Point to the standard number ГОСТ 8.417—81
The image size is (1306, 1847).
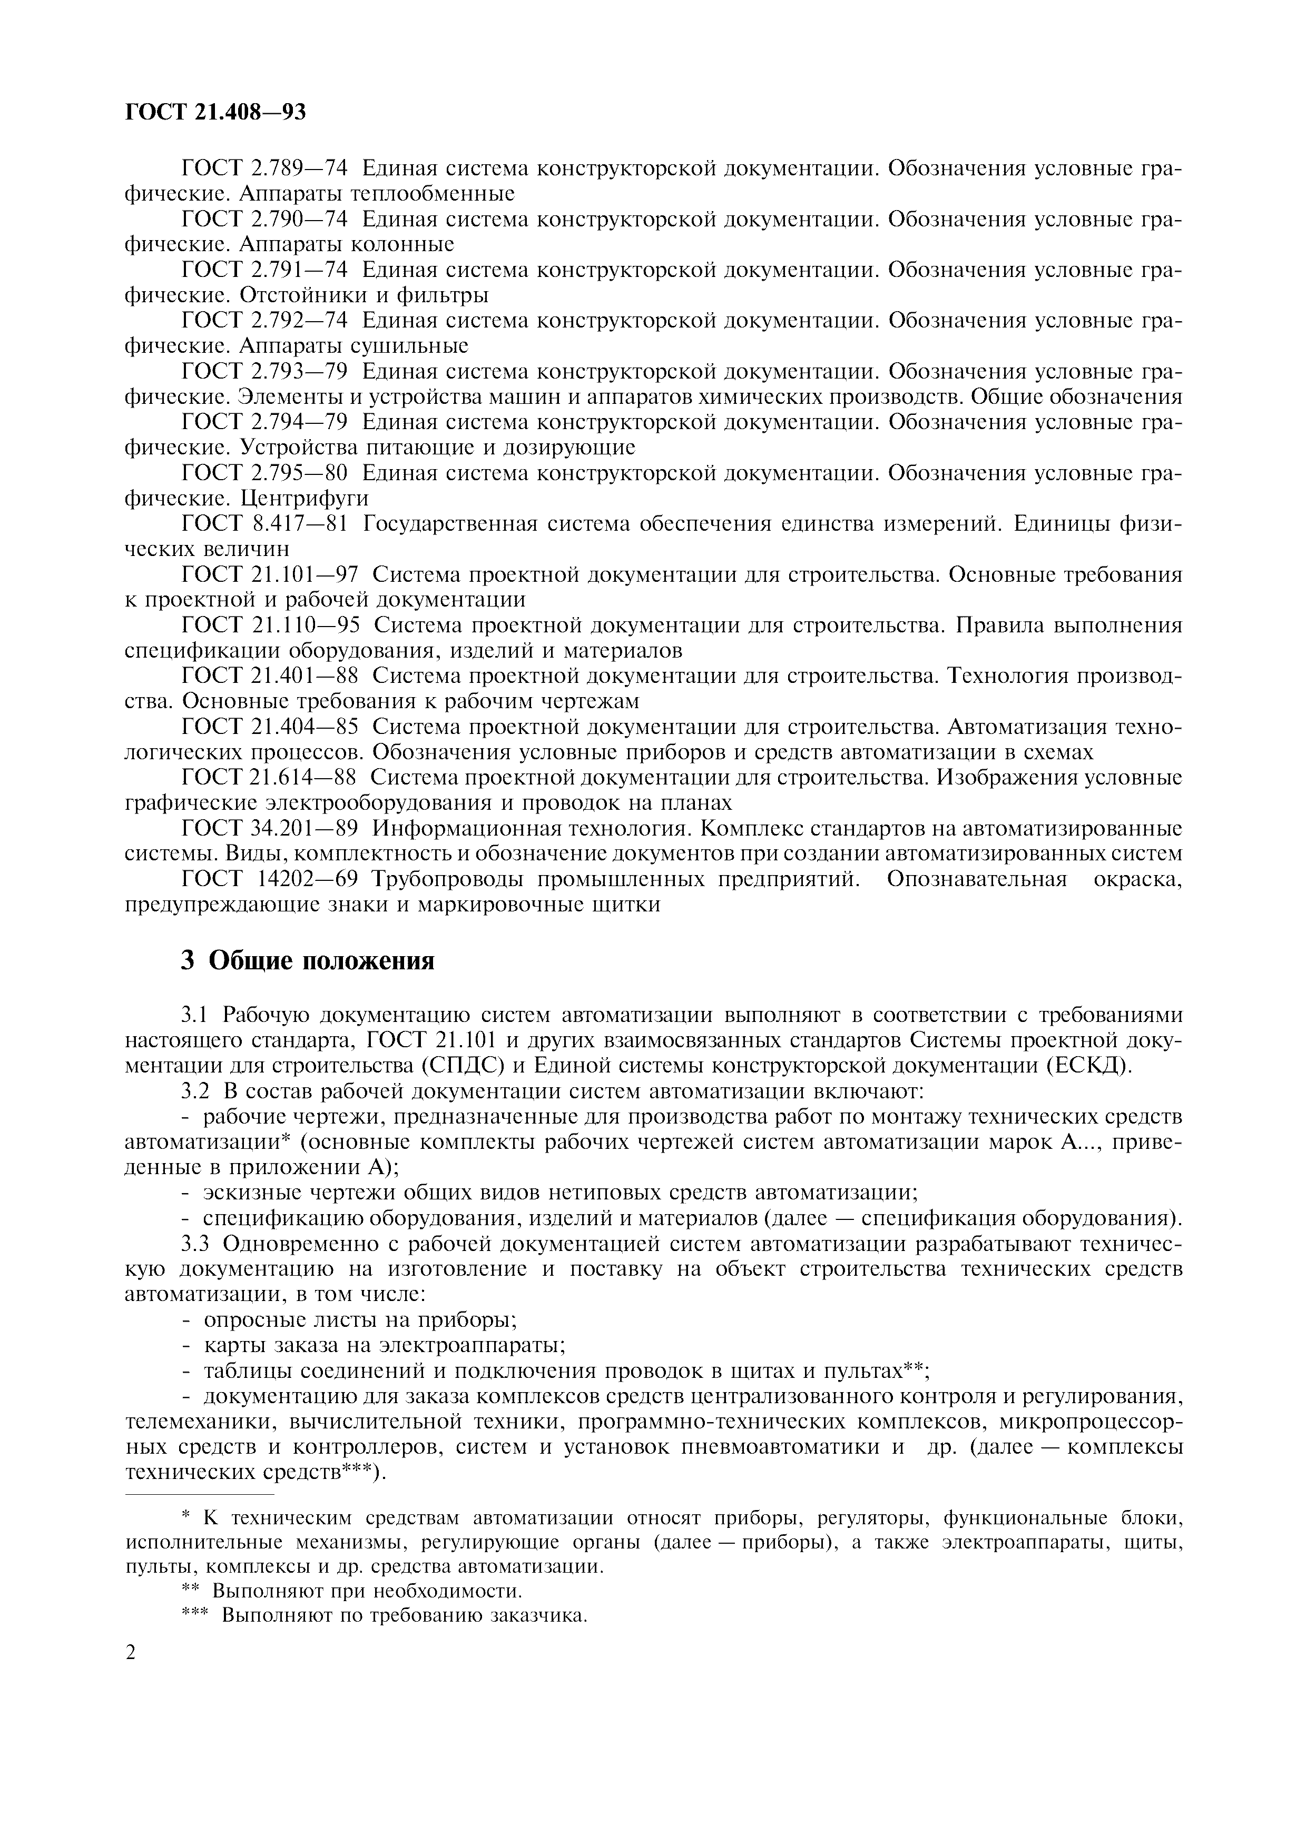[x=266, y=524]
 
